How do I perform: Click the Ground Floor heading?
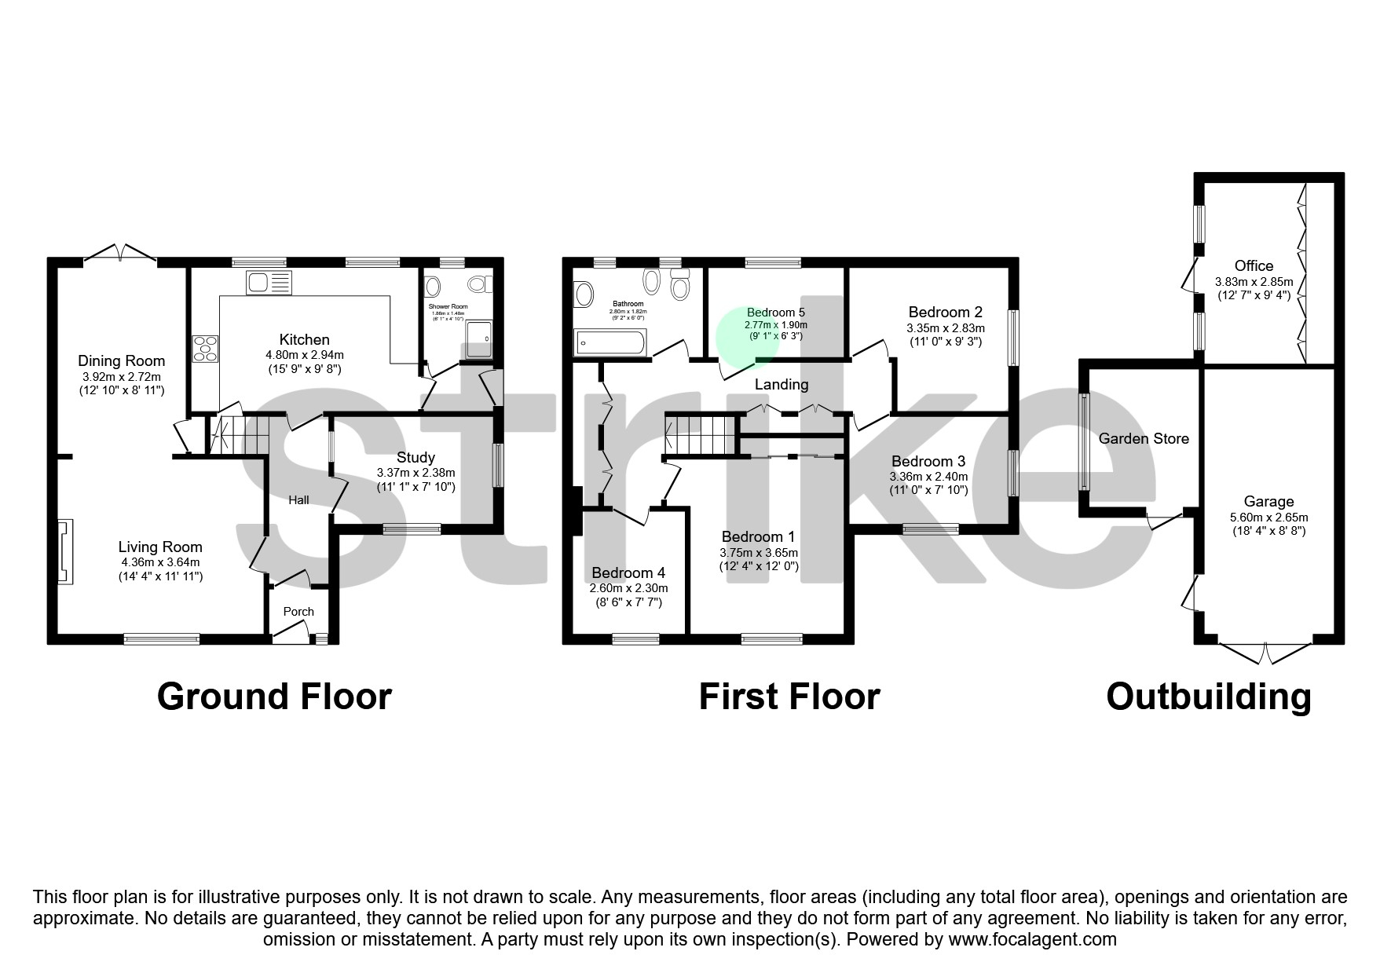(274, 697)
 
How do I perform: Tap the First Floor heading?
(789, 697)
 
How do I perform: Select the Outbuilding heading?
(1208, 697)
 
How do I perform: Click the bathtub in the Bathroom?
(610, 342)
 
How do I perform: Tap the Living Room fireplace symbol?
(65, 551)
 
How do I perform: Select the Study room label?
(415, 458)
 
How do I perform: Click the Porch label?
(298, 611)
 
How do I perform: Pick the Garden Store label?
(1143, 439)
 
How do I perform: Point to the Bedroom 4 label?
(628, 572)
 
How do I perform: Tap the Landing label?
(781, 384)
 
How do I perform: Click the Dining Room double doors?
(119, 253)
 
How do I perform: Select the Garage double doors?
(1265, 652)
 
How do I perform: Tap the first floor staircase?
(701, 435)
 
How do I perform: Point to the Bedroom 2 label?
(945, 312)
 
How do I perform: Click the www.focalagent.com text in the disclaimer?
(1032, 939)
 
